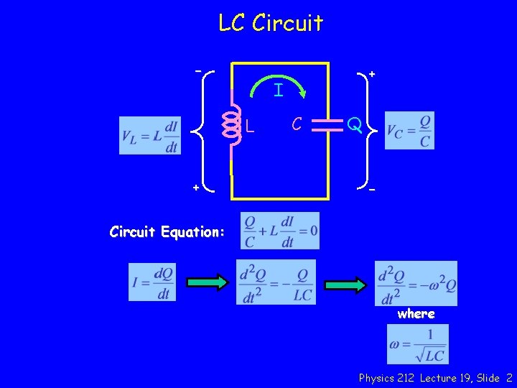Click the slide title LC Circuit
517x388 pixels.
(x=271, y=23)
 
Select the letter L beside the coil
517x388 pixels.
(x=249, y=127)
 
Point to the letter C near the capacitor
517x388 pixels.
(x=296, y=124)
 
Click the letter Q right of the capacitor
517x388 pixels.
(x=353, y=126)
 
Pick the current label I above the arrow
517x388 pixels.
(x=278, y=91)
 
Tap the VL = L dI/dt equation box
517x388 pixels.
(x=150, y=135)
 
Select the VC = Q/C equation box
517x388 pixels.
(x=409, y=130)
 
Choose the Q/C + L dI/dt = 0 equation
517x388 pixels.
(x=280, y=231)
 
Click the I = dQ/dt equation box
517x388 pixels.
(x=152, y=282)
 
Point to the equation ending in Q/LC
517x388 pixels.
(x=276, y=282)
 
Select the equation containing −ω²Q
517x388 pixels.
(x=416, y=283)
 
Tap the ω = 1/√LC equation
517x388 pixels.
(x=417, y=344)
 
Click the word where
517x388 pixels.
(x=416, y=314)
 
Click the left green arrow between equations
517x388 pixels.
(x=205, y=283)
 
